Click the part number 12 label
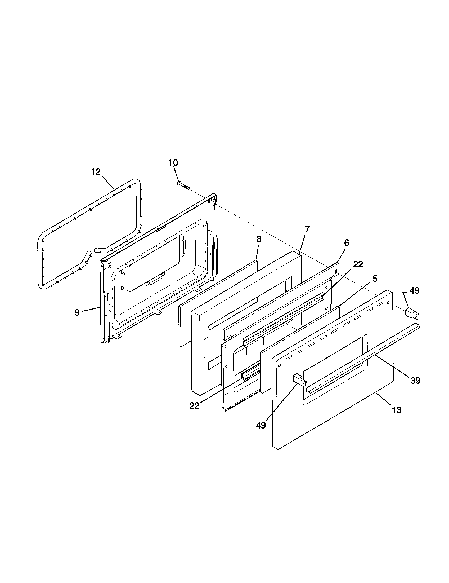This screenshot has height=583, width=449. coord(96,172)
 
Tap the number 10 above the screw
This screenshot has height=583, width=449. coord(173,162)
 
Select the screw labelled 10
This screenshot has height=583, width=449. coord(183,185)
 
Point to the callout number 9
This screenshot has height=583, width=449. coord(77,312)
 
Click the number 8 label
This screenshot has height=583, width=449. coord(259,239)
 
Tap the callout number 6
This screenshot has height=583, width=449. coord(346,243)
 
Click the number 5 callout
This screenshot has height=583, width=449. coord(375,279)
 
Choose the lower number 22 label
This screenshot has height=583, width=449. coord(194,406)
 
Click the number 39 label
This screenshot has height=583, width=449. coord(415,380)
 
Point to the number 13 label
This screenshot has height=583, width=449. coord(397,410)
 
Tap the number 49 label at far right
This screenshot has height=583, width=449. coord(414,290)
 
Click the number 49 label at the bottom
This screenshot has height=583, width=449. coord(261,425)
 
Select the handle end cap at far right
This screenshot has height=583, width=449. coord(412,313)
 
